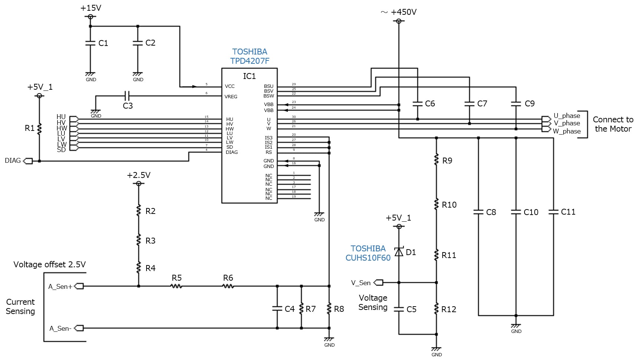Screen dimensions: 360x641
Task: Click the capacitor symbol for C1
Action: coord(90,43)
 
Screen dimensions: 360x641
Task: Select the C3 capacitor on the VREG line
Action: coord(127,96)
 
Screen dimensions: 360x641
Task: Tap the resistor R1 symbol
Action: coord(39,128)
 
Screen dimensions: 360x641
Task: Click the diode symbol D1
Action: coord(399,252)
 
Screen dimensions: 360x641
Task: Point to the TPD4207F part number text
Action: coord(250,61)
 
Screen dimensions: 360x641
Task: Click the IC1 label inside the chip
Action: coord(249,76)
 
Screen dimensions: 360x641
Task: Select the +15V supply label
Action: coord(91,8)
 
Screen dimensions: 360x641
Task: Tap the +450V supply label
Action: coord(403,12)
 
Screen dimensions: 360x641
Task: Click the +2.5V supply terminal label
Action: coord(139,175)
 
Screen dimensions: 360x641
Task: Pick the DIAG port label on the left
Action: coord(13,161)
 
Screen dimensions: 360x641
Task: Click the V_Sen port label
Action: coord(361,283)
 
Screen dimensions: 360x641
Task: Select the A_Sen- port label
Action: coord(60,328)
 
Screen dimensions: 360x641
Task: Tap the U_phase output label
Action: coord(566,116)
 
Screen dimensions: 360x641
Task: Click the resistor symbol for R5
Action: coord(176,286)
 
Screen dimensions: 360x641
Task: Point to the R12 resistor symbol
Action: coord(436,309)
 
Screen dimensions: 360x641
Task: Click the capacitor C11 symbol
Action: coord(553,212)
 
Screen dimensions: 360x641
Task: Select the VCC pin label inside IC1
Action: coord(230,86)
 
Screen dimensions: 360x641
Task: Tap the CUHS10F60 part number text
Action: coord(368,258)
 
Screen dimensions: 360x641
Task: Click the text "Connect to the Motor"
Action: coord(613,124)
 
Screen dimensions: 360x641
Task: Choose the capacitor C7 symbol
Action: coord(469,104)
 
